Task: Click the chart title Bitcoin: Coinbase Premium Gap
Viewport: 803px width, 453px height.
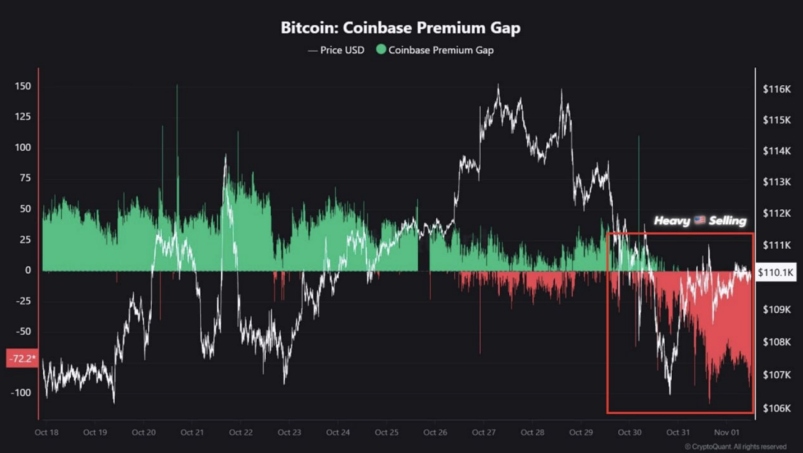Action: pyautogui.click(x=400, y=28)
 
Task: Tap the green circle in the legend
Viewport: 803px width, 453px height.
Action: pyautogui.click(x=381, y=49)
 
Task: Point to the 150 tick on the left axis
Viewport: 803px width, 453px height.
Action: pyautogui.click(x=23, y=86)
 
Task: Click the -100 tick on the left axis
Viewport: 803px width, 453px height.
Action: pyautogui.click(x=21, y=392)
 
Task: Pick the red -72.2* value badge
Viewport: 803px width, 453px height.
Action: pyautogui.click(x=21, y=358)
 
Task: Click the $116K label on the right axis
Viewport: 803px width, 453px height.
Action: pyautogui.click(x=777, y=89)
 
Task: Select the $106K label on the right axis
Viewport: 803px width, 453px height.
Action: pyautogui.click(x=777, y=408)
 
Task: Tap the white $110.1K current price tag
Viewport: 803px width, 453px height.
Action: pyautogui.click(x=775, y=273)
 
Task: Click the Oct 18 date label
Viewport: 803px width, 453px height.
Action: pyautogui.click(x=47, y=432)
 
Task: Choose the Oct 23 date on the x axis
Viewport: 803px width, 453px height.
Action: pyautogui.click(x=289, y=432)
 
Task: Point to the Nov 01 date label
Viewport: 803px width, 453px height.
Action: pyautogui.click(x=726, y=432)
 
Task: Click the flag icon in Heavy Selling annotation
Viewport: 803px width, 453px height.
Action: pyautogui.click(x=699, y=220)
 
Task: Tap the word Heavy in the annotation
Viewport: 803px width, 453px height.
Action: pyautogui.click(x=672, y=221)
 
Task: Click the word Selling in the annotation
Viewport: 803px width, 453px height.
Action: pyautogui.click(x=727, y=221)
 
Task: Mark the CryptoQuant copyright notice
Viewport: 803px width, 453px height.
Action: pyautogui.click(x=735, y=447)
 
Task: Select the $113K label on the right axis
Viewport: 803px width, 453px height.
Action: pyautogui.click(x=777, y=182)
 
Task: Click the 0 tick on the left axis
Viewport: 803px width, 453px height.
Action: pyautogui.click(x=28, y=270)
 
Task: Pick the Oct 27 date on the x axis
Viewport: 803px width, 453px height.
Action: pyautogui.click(x=483, y=432)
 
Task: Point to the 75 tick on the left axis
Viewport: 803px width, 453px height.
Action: pyautogui.click(x=25, y=178)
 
